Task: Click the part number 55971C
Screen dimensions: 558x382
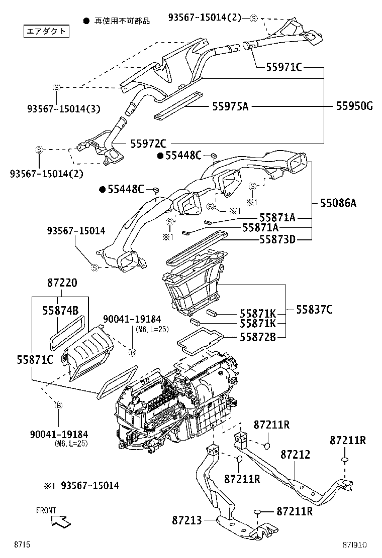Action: click(284, 68)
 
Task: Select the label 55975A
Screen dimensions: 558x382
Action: click(231, 106)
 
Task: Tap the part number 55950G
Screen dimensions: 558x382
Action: click(354, 106)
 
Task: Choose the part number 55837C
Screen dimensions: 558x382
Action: click(314, 310)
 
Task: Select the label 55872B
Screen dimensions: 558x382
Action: click(257, 337)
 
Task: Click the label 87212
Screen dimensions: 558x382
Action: click(295, 455)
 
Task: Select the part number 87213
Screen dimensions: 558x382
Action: click(186, 521)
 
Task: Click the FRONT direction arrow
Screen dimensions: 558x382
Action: click(61, 521)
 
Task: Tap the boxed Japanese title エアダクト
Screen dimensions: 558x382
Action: click(46, 32)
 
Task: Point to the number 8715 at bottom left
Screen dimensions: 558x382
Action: click(22, 544)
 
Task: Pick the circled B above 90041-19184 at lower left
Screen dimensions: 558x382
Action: click(58, 405)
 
